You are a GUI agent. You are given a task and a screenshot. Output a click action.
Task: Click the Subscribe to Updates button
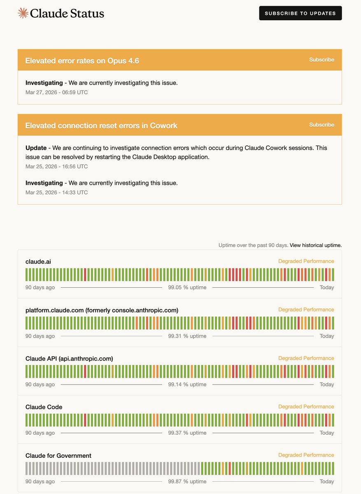300,13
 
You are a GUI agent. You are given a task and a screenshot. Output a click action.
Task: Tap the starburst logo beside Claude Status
23,13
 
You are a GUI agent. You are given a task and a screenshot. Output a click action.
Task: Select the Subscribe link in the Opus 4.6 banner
321,60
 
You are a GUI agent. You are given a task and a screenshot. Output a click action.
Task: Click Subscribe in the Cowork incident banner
321,125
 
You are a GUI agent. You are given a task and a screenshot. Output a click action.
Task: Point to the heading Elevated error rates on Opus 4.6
82,61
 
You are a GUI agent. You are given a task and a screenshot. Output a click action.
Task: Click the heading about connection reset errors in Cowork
101,126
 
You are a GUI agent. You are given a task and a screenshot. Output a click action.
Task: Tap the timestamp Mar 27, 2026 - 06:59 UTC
56,92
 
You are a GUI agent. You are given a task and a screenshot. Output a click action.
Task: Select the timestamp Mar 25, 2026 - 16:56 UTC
56,166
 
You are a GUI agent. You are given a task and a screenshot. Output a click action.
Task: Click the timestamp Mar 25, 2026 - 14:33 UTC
56,192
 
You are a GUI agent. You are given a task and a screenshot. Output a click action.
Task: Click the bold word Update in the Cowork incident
36,148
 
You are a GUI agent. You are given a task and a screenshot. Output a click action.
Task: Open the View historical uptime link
315,245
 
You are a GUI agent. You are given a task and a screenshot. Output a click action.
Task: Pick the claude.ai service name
38,261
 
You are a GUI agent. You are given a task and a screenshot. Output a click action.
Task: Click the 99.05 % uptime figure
187,287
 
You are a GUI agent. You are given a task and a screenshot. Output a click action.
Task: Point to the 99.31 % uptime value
187,336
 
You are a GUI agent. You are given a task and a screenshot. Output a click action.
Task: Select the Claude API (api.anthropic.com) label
69,359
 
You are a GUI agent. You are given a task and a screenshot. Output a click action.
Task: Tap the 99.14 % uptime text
187,384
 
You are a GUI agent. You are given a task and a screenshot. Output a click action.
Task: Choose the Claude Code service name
44,407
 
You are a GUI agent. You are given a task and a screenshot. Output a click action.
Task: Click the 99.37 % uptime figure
187,433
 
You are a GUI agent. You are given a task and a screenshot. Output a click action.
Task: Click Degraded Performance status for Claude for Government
306,455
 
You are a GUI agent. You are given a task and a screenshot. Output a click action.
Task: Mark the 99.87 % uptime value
187,481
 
